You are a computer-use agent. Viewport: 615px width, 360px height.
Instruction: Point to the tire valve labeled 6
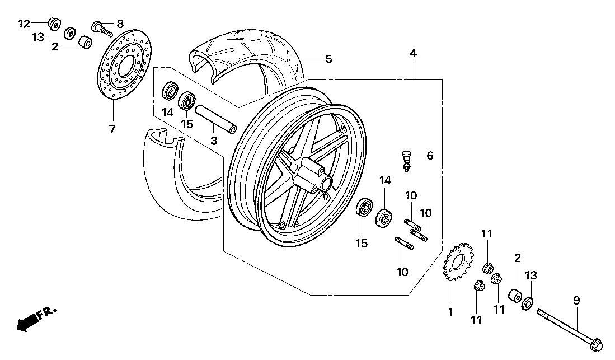click(x=407, y=160)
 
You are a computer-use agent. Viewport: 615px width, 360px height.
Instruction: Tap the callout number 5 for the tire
click(x=329, y=59)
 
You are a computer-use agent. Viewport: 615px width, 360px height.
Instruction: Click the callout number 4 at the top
click(x=413, y=54)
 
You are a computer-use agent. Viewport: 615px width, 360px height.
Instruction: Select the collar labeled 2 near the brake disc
click(x=84, y=43)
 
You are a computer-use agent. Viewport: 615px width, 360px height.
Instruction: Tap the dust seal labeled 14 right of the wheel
click(x=384, y=217)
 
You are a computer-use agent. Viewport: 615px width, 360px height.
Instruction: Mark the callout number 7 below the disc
click(x=112, y=129)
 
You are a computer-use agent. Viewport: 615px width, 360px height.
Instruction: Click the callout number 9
click(x=576, y=301)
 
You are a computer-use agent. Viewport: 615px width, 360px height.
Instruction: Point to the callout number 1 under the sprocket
click(x=450, y=312)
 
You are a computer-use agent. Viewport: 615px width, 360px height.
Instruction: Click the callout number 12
click(x=24, y=23)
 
